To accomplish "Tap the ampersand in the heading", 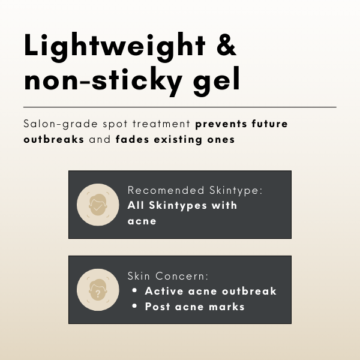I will (x=221, y=46).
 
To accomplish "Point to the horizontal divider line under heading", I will (x=180, y=107).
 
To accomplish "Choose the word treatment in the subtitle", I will (x=161, y=125).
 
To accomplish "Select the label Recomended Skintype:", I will (x=196, y=191).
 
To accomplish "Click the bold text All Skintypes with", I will (x=182, y=205).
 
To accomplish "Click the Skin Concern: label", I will (x=167, y=276).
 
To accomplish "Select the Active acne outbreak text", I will (x=211, y=291).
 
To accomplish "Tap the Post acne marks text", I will (x=194, y=306).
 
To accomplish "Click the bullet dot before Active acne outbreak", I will (x=134, y=291).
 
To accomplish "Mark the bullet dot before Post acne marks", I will (x=134, y=306).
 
